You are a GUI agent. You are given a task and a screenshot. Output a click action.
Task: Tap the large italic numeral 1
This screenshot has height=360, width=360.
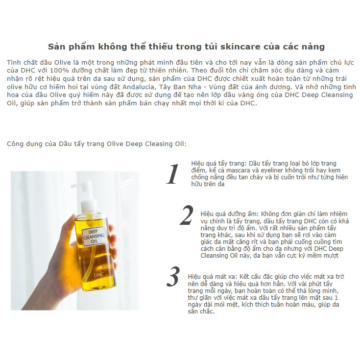point(173,174)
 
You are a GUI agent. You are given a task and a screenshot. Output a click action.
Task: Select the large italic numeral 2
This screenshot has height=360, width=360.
point(187,215)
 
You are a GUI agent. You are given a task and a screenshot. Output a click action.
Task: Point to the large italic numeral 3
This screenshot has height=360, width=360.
point(173,276)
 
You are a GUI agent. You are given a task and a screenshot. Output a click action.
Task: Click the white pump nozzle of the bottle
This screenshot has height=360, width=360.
point(83,193)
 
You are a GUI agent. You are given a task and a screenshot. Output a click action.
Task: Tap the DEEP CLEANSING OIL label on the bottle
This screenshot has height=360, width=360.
point(94,237)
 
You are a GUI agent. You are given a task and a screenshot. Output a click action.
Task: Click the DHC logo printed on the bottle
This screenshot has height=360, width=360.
point(99,275)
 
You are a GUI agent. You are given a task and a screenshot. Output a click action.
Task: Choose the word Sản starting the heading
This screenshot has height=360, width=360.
point(54,47)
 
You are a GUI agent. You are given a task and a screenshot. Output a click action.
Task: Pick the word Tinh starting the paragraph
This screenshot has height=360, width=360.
point(13,62)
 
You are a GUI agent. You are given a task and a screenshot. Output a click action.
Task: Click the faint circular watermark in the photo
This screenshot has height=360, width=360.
point(127,183)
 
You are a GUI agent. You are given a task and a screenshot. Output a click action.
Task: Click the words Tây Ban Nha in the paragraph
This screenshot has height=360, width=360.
point(175,87)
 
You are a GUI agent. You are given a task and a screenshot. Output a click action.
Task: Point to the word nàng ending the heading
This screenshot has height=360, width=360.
point(315,47)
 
